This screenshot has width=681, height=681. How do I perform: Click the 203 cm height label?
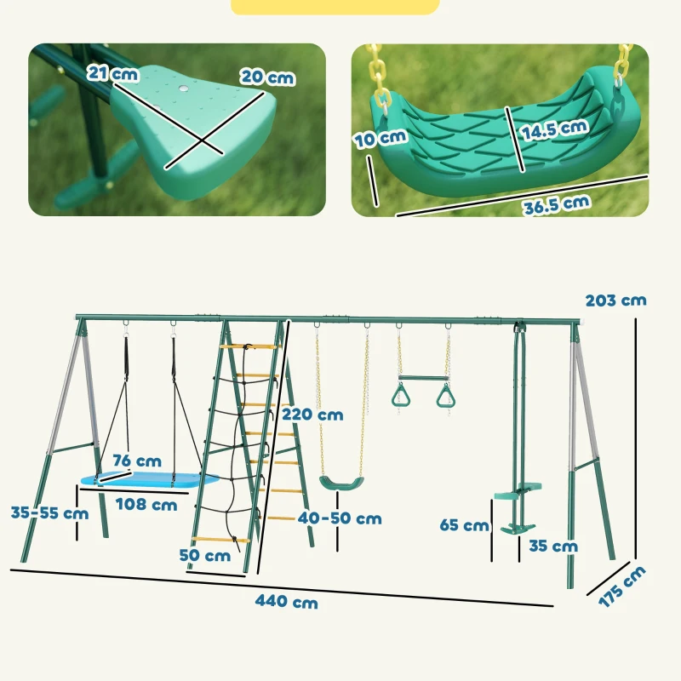(x=615, y=300)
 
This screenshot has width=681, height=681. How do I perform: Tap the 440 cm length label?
(x=287, y=602)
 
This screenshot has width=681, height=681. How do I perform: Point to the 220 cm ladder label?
(x=312, y=415)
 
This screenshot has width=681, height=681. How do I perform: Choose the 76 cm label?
(x=137, y=461)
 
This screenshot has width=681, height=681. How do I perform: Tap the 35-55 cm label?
(x=49, y=513)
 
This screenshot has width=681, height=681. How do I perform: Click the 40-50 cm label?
(x=339, y=518)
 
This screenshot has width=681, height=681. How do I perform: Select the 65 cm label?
(x=465, y=525)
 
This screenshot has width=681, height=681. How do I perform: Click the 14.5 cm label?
(x=556, y=127)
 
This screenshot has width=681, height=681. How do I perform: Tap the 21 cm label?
(x=112, y=75)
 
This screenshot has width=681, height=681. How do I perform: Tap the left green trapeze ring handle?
(x=398, y=395)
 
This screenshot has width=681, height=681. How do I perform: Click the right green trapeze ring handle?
(x=444, y=396)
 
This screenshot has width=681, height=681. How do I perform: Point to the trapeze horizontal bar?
(x=422, y=377)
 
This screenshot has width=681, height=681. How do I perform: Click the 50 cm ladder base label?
(x=204, y=556)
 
